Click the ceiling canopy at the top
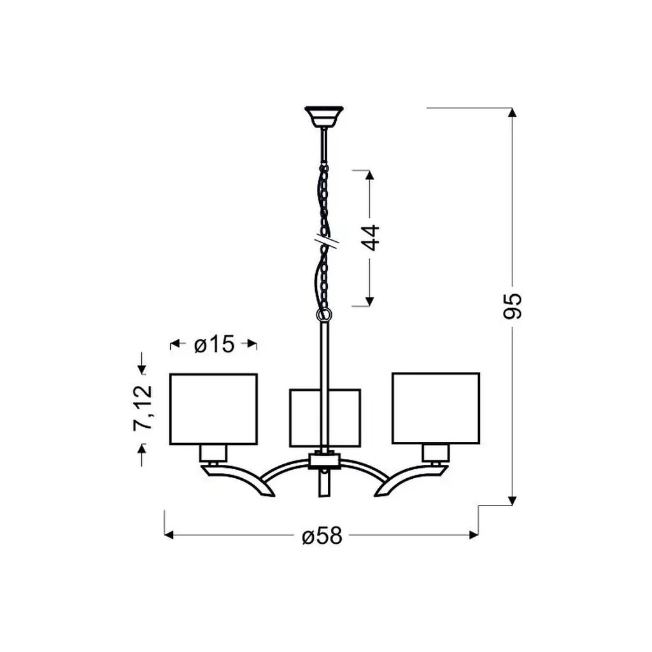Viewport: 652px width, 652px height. (x=324, y=116)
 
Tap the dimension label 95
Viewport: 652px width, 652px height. (x=513, y=306)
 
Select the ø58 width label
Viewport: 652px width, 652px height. (x=322, y=536)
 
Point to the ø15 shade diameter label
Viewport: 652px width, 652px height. (x=214, y=344)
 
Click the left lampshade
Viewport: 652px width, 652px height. (x=213, y=408)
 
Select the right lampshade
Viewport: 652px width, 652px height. (x=436, y=407)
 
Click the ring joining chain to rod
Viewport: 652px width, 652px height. (x=324, y=315)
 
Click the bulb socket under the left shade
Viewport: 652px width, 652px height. (x=213, y=453)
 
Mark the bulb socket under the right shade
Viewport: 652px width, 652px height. (x=436, y=453)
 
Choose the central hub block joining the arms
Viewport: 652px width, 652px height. (x=324, y=460)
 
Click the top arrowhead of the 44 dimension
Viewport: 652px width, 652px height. (x=369, y=176)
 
